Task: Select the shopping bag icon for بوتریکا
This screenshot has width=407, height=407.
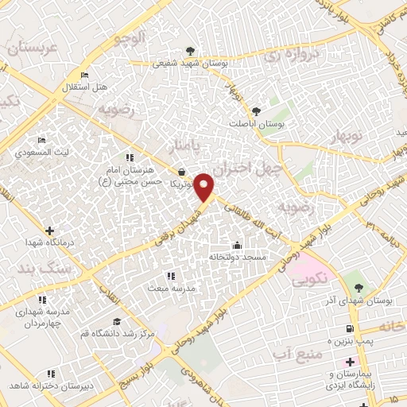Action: (x=182, y=172)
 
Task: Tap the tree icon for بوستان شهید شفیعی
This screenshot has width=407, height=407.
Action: (x=189, y=50)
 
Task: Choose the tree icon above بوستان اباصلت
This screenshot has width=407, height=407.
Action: (x=256, y=111)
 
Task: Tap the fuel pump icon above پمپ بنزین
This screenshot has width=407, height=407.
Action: (x=350, y=328)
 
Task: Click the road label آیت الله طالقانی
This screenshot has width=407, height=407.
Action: (x=247, y=211)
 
